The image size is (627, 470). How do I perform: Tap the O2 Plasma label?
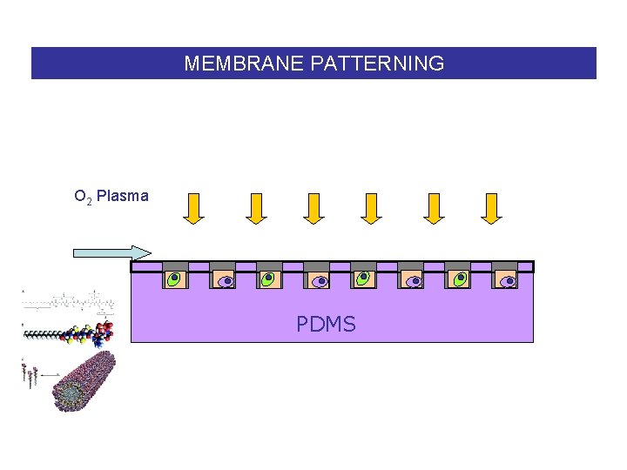click(x=111, y=196)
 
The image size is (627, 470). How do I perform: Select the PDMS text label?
click(x=326, y=325)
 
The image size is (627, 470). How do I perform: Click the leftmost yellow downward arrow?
click(x=193, y=207)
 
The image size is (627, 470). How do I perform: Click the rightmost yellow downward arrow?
click(x=491, y=207)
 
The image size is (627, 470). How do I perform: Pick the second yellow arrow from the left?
click(x=254, y=207)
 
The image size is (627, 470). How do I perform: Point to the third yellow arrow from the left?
click(x=313, y=207)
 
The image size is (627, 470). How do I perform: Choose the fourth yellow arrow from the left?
click(x=372, y=207)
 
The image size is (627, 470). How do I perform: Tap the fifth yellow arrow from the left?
click(x=433, y=207)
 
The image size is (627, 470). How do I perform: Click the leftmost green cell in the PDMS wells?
click(x=175, y=279)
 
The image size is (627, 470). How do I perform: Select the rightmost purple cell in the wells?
click(x=508, y=279)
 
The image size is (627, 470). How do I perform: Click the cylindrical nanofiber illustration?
click(x=84, y=380)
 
